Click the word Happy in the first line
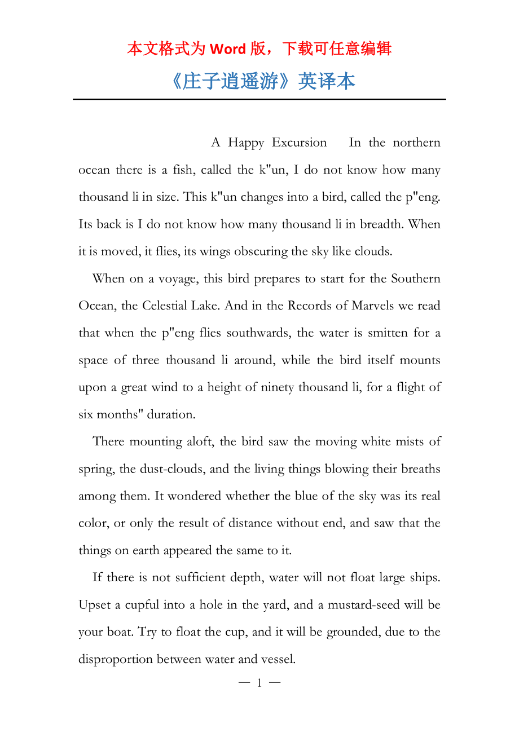pyautogui.click(x=245, y=143)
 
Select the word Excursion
pyautogui.click(x=299, y=143)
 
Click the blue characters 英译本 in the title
pyautogui.click(x=327, y=82)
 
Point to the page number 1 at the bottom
pyautogui.click(x=259, y=683)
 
